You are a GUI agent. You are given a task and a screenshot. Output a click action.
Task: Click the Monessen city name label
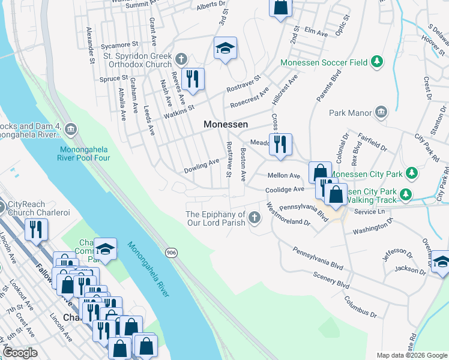tap(226, 124)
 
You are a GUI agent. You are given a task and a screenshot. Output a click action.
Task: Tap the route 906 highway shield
tap(172, 253)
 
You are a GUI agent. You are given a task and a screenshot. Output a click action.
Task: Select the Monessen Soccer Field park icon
tap(377, 61)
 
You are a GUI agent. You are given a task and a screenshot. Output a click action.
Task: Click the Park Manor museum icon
tap(381, 112)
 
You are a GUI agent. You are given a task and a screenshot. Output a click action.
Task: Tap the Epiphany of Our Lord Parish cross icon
tap(255, 218)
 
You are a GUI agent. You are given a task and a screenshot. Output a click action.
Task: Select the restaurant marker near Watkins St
tap(193, 80)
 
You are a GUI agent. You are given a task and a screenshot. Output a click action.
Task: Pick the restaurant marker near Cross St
tap(280, 145)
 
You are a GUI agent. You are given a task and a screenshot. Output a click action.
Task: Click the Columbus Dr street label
tap(361, 305)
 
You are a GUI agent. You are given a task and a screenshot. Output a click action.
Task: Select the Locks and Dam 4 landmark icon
tap(70, 128)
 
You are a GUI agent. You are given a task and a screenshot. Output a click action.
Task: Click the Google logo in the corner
tap(20, 352)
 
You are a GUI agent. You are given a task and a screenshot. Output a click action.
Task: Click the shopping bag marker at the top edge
tap(280, 8)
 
